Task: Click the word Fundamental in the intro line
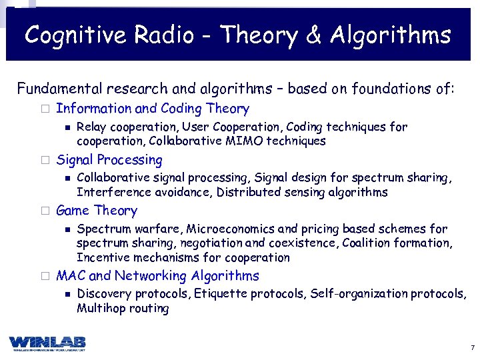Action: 60,89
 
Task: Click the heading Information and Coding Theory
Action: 153,109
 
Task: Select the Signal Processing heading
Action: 109,160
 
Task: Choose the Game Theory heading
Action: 97,211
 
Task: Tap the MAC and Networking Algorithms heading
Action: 157,276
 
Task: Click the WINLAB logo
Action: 47,343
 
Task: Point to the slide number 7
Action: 472,348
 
